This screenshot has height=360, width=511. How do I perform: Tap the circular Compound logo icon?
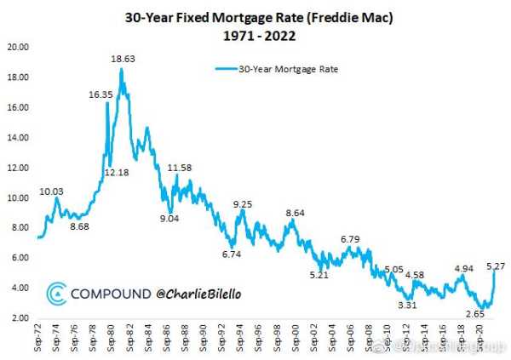pos(55,294)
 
